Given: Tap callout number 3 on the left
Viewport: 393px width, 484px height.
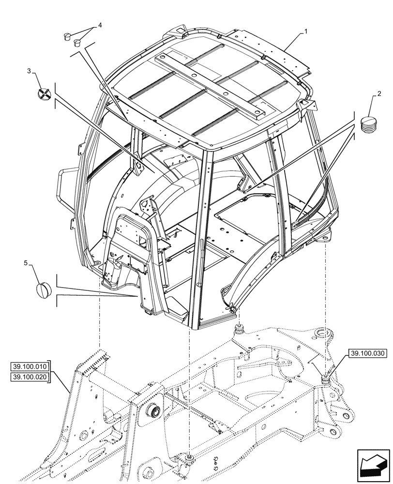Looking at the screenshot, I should click(29, 71).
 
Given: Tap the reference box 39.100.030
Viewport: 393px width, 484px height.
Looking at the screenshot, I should click(367, 354).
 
